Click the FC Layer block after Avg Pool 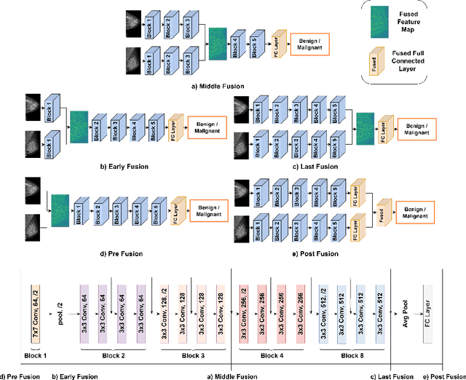[426, 314]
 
